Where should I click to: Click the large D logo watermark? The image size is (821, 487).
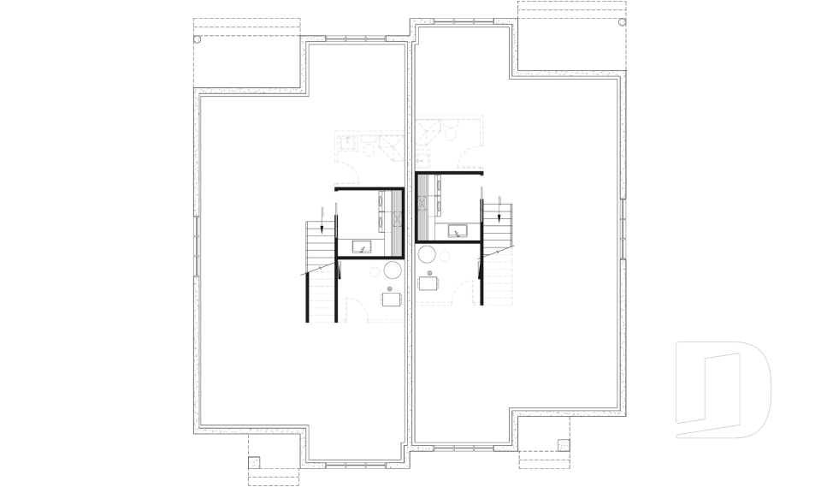[724, 390]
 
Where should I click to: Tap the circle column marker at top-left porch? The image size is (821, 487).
[198, 39]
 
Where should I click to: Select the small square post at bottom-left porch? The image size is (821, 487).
[253, 461]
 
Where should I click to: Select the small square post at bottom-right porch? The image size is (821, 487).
[562, 443]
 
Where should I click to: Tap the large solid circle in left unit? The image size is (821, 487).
[393, 271]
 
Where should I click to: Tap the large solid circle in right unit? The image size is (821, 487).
[426, 254]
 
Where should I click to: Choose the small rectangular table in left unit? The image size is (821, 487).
[392, 299]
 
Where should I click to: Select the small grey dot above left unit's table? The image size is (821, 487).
[391, 288]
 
